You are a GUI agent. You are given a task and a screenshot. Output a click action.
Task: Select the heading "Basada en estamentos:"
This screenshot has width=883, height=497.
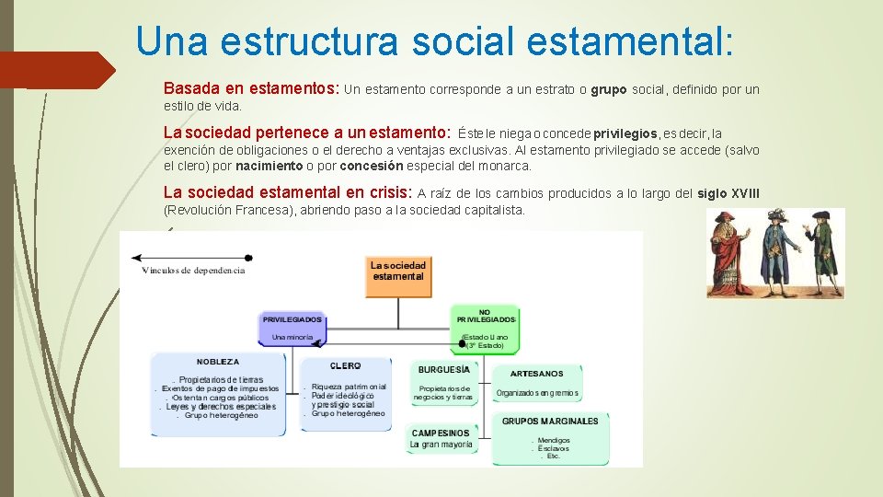tap(251, 89)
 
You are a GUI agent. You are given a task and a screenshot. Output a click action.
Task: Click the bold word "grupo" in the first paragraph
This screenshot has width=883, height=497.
tap(608, 90)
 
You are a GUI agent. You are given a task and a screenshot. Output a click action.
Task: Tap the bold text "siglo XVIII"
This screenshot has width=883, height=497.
tap(728, 192)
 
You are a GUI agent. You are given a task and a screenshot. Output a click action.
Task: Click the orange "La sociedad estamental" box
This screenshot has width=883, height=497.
tap(398, 271)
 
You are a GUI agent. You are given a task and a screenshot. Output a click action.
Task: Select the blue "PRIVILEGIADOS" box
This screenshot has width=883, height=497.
tap(292, 328)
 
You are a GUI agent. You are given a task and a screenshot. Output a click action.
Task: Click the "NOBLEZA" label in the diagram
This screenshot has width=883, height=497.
tap(217, 362)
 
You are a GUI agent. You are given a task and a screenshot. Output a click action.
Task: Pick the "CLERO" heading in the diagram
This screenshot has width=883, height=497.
tap(345, 365)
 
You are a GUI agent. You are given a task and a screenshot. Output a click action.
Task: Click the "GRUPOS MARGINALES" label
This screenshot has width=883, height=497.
tap(550, 421)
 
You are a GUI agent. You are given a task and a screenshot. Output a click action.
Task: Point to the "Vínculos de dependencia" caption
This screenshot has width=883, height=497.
tap(193, 271)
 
